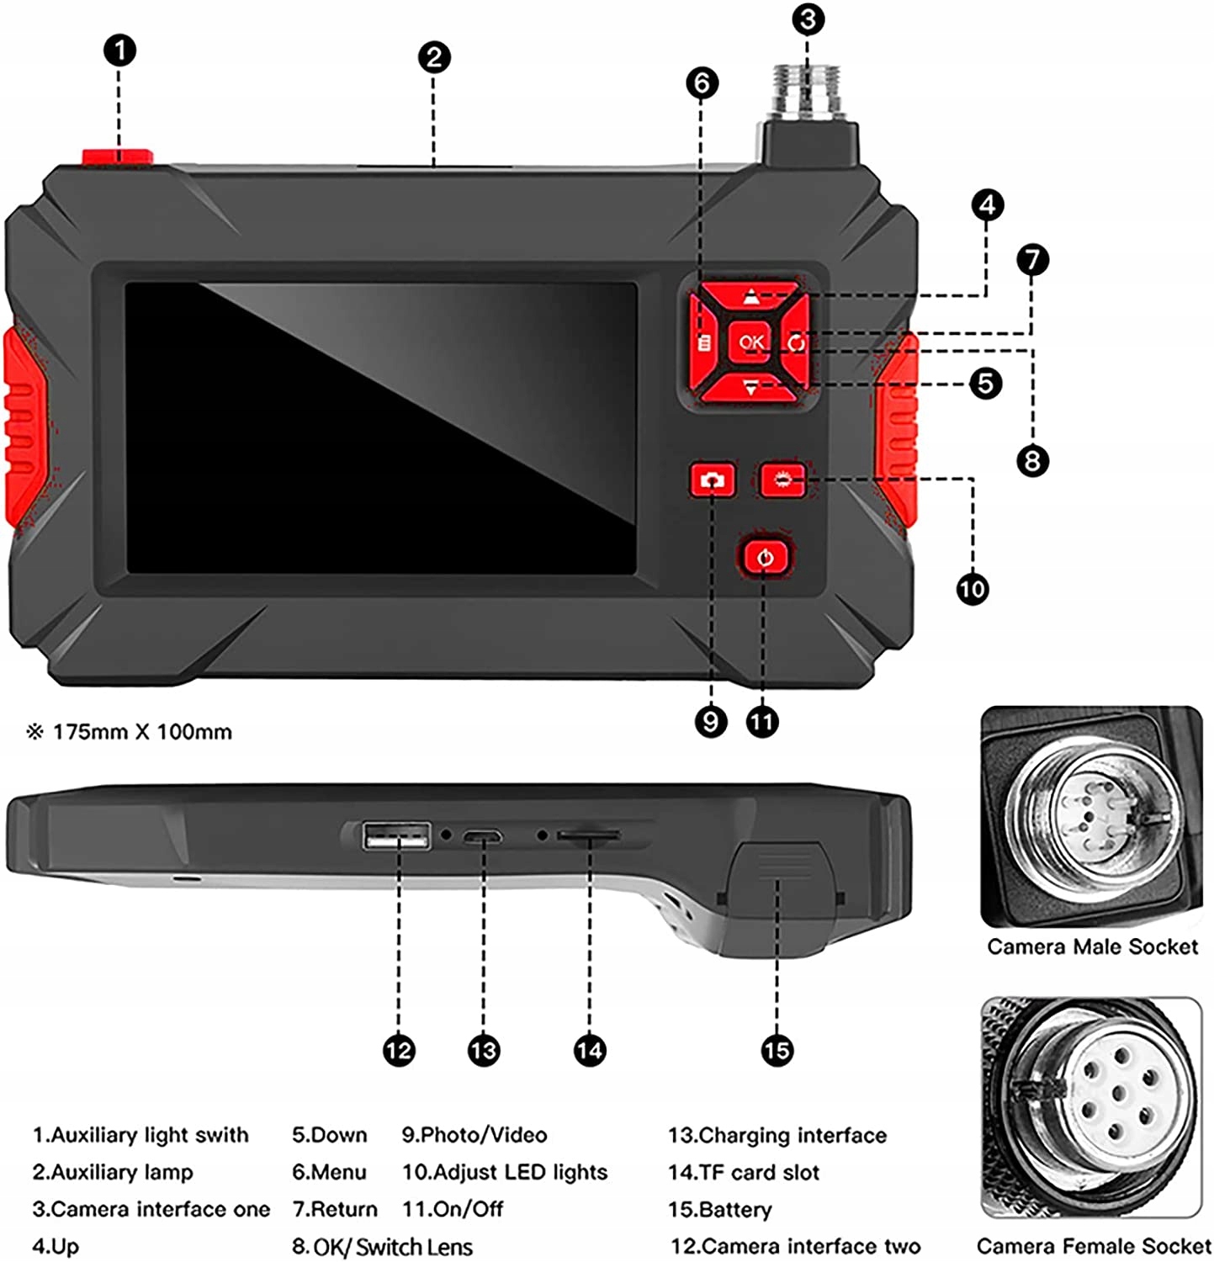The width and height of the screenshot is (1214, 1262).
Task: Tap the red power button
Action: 765,557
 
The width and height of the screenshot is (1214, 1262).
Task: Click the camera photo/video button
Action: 713,480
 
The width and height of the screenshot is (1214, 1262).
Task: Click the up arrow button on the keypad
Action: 750,297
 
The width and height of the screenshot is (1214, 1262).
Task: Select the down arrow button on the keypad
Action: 750,387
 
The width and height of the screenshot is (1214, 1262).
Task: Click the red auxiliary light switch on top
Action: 117,156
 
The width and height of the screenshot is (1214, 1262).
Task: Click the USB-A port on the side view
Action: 396,837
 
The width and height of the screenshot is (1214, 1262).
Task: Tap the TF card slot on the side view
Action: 590,835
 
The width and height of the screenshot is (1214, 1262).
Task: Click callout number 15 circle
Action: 777,1050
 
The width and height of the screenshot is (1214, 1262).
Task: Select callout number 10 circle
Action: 973,588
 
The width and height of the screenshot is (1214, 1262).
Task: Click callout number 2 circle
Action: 434,57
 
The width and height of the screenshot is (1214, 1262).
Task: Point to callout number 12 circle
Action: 399,1050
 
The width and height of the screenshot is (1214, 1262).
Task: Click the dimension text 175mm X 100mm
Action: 142,732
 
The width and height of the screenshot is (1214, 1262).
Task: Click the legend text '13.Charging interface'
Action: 777,1135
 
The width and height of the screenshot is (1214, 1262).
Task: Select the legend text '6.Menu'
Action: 329,1172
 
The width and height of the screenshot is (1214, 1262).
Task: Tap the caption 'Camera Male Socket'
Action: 1092,946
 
